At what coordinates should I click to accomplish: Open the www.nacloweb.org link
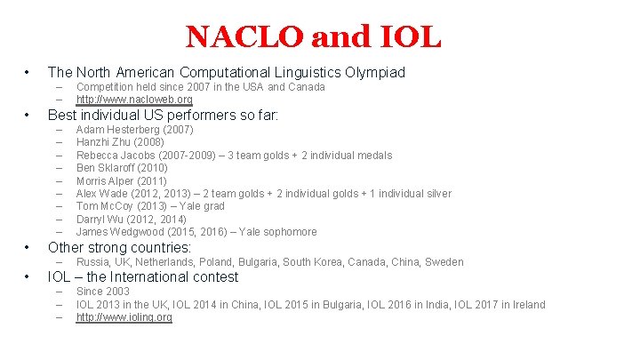(x=134, y=100)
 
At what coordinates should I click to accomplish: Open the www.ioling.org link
(x=124, y=317)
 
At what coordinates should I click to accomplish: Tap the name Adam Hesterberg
(x=119, y=130)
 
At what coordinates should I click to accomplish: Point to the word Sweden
(x=444, y=262)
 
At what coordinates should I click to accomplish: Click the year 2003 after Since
(x=116, y=292)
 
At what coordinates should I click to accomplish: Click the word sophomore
(x=286, y=232)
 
